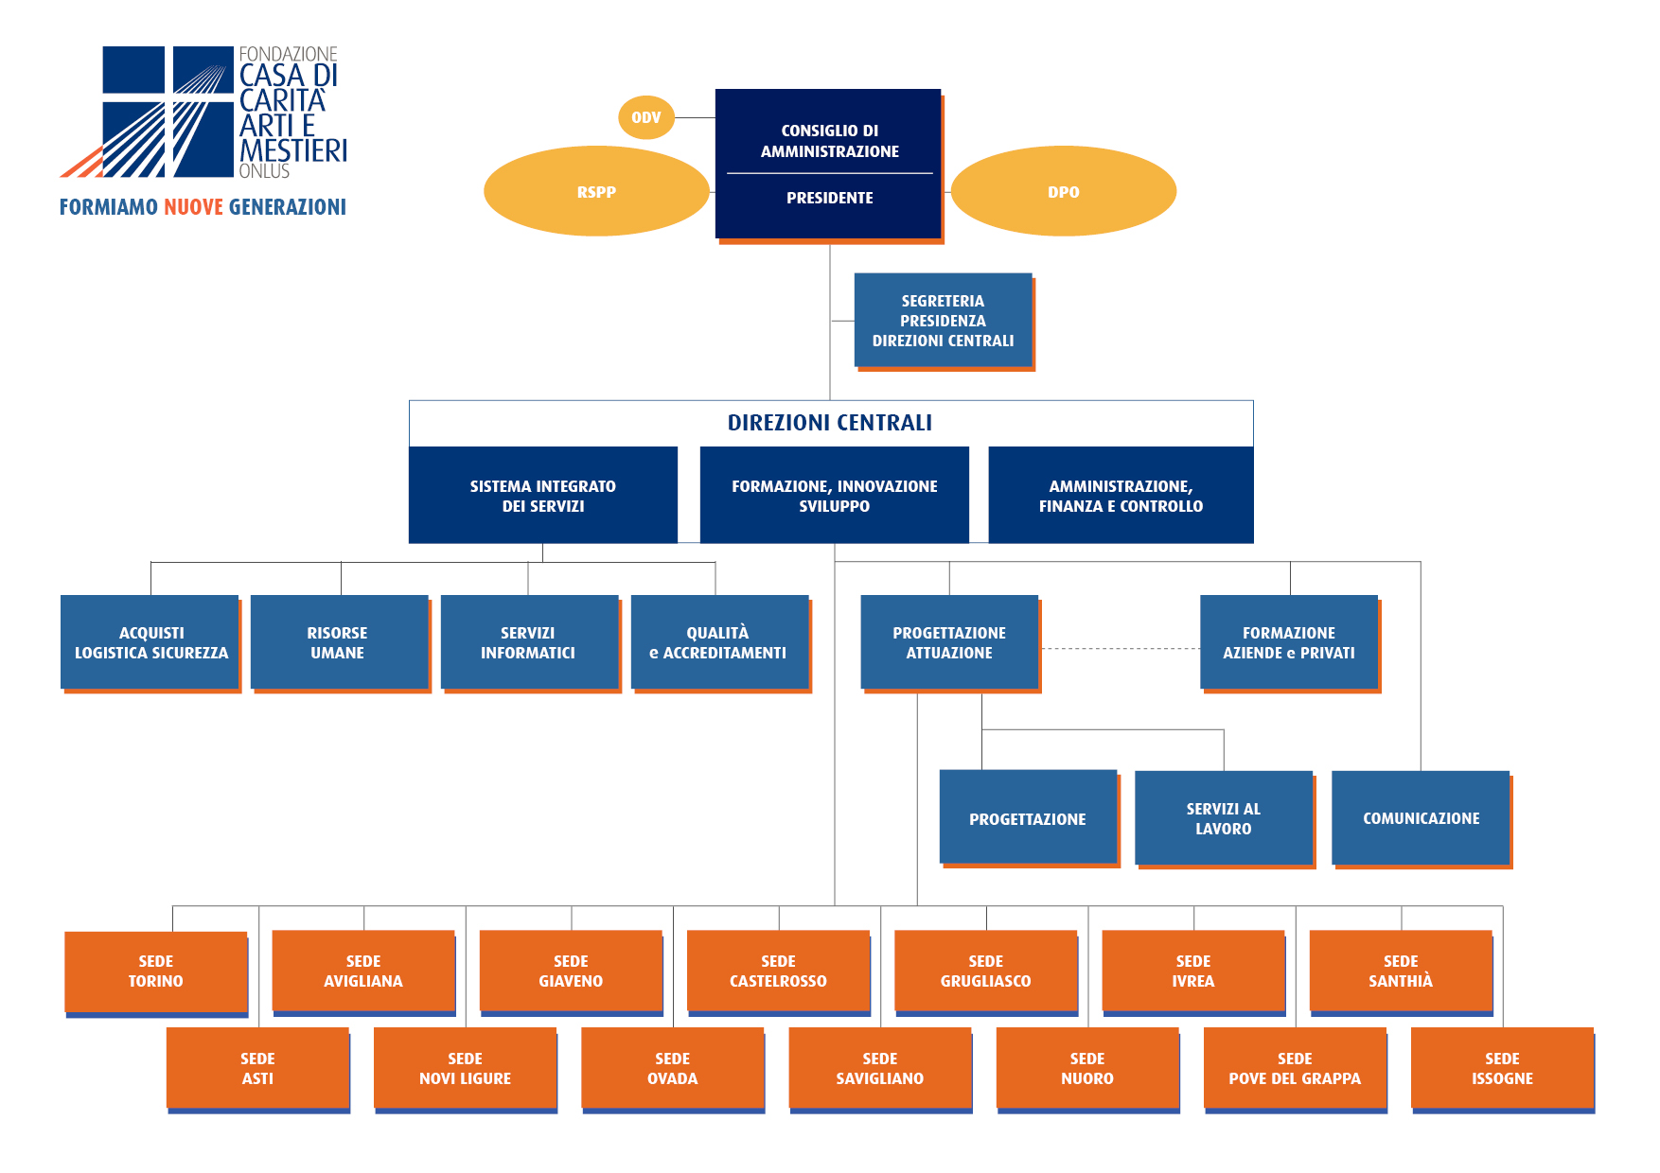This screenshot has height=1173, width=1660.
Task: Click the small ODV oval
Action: pyautogui.click(x=646, y=117)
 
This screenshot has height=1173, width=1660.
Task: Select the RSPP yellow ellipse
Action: pyautogui.click(x=596, y=191)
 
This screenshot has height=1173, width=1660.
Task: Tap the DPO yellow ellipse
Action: pyautogui.click(x=1063, y=191)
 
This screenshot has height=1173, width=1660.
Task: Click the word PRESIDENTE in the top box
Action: pyautogui.click(x=829, y=198)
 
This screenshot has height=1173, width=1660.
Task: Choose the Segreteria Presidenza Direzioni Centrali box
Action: pyautogui.click(x=943, y=321)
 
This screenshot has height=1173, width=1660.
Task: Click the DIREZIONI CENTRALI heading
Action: pyautogui.click(x=830, y=423)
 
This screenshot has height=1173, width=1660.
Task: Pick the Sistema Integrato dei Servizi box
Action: pyautogui.click(x=542, y=496)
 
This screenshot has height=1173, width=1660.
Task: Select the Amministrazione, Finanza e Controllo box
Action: pyautogui.click(x=1121, y=496)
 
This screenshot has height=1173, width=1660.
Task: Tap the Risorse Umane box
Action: pyautogui.click(x=338, y=642)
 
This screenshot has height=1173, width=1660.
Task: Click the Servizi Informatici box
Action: pyautogui.click(x=528, y=642)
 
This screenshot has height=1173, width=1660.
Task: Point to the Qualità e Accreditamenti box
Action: pyautogui.click(x=718, y=642)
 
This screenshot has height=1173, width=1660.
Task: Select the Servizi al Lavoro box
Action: pyautogui.click(x=1224, y=818)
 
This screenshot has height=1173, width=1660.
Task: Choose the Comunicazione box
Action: pyautogui.click(x=1421, y=818)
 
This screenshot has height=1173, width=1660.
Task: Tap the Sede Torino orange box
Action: pyautogui.click(x=156, y=972)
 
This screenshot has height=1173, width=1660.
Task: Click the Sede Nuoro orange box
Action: pyautogui.click(x=1087, y=1068)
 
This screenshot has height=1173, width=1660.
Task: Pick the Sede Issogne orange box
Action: pyautogui.click(x=1502, y=1068)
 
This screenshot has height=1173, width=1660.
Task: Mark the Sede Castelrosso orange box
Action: pyautogui.click(x=778, y=972)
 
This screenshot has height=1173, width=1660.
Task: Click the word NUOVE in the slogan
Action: pyautogui.click(x=193, y=207)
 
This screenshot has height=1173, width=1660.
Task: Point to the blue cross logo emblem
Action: pyautogui.click(x=151, y=112)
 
